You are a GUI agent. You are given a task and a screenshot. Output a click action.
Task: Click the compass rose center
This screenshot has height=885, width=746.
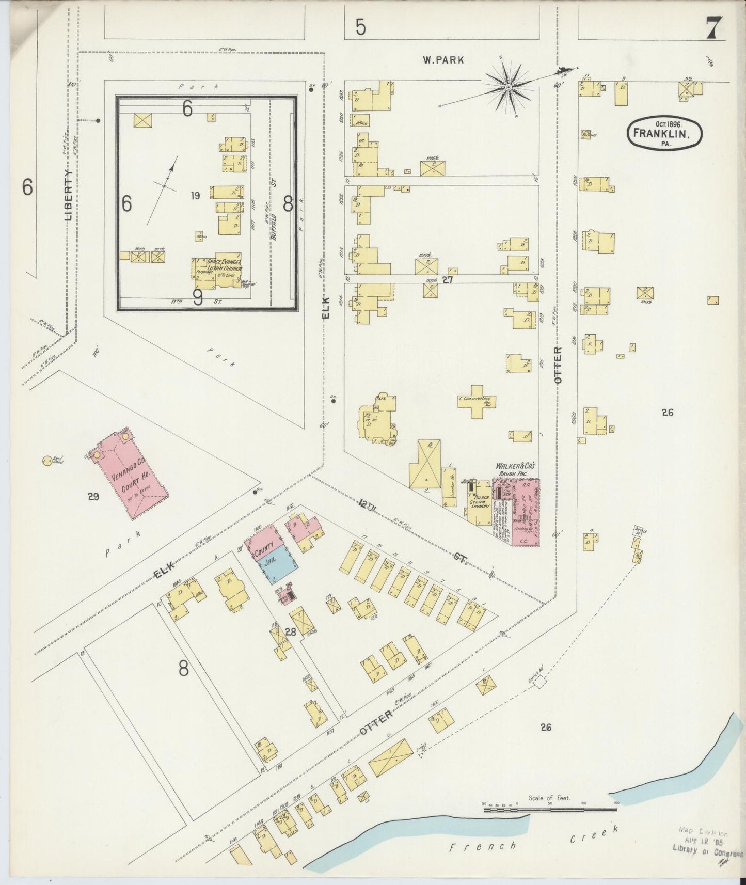(x=509, y=88)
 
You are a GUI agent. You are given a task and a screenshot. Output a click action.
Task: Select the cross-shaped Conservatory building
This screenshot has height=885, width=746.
(x=477, y=401)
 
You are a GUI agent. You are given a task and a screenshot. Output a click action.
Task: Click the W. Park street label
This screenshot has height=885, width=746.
(x=443, y=60)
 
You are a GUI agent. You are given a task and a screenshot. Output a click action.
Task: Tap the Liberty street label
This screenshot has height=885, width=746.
(x=69, y=195)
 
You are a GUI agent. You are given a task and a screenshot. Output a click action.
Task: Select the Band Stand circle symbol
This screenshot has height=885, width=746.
(x=46, y=460)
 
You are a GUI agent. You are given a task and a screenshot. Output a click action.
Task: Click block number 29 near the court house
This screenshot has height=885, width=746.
(x=93, y=497)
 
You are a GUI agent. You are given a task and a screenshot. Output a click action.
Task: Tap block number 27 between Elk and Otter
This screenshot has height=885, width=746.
(x=447, y=280)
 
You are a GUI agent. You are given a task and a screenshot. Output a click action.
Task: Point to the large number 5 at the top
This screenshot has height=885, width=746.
(x=360, y=27)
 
